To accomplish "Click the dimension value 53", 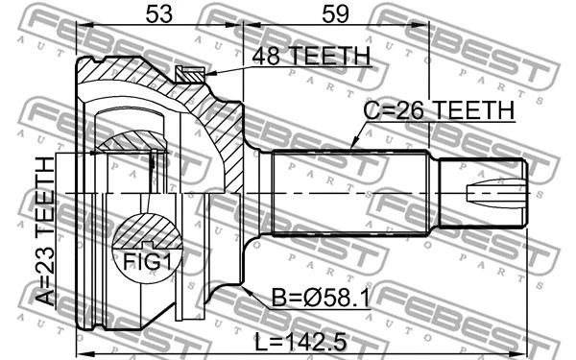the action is [x=159, y=14].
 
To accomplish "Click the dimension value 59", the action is [x=335, y=14].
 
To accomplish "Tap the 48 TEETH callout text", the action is [x=311, y=57].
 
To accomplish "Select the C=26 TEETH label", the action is [x=439, y=109].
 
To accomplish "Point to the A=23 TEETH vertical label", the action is [x=45, y=231].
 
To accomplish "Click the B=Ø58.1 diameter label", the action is [x=321, y=298].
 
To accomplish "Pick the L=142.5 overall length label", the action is [x=300, y=343].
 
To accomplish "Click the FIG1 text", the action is [x=147, y=261].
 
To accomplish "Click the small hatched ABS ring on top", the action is [x=189, y=75].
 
